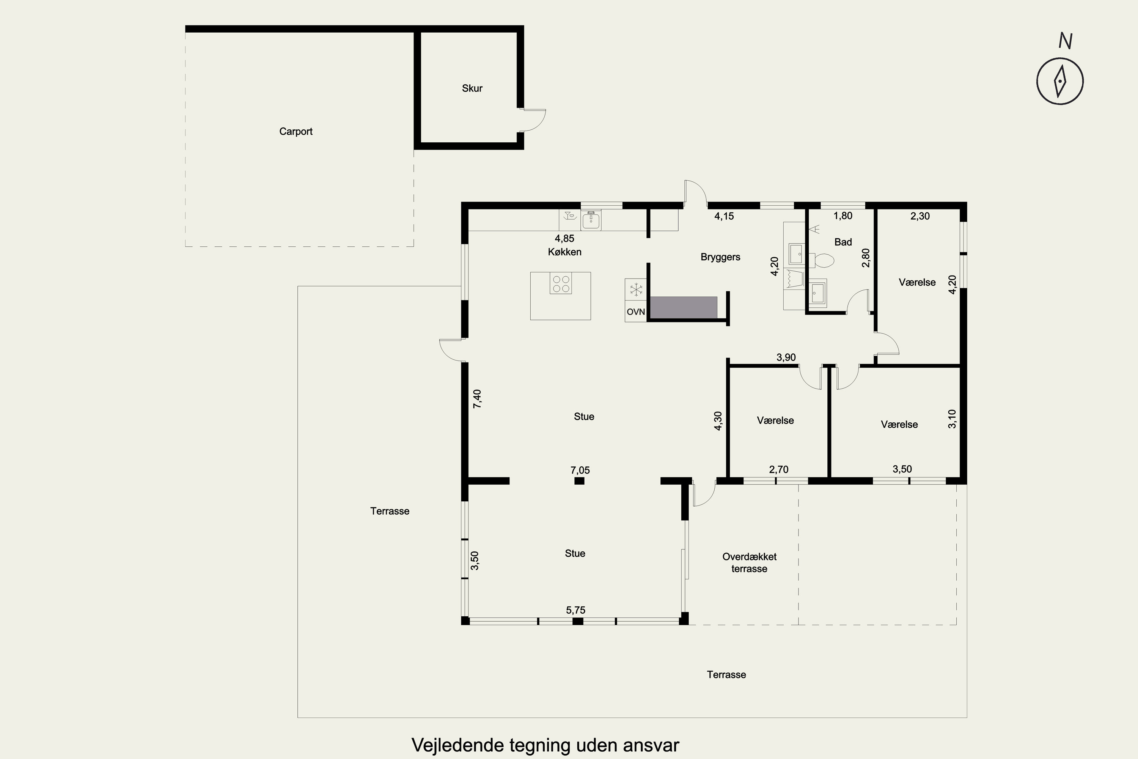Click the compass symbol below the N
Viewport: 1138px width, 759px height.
1059,81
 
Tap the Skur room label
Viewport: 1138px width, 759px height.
472,88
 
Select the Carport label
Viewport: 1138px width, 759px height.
296,132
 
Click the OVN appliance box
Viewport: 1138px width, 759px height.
636,312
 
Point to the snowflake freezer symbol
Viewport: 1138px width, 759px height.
636,290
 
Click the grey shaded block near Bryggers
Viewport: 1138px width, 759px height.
684,307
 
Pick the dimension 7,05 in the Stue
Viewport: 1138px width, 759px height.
580,470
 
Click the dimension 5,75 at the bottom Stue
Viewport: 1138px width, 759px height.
576,610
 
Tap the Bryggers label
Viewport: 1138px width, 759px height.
720,257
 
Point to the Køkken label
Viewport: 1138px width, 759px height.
565,252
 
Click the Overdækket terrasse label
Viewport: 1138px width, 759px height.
750,562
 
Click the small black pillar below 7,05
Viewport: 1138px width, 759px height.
579,481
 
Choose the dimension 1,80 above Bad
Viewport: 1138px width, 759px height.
843,216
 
